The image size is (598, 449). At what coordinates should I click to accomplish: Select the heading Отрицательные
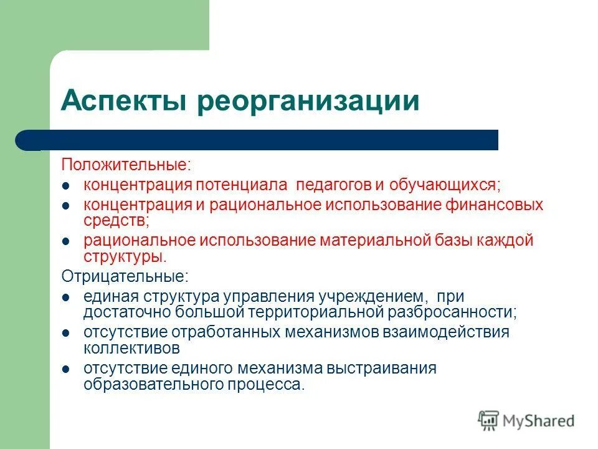pos(124,276)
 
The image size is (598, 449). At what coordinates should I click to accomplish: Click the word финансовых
pos(495,205)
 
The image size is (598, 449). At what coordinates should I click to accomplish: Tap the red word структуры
pos(124,256)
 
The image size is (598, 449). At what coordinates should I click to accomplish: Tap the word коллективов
pos(132,347)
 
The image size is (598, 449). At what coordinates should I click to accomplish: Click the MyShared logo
pos(527,421)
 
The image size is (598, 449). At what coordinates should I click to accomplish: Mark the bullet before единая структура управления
pos(67,297)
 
